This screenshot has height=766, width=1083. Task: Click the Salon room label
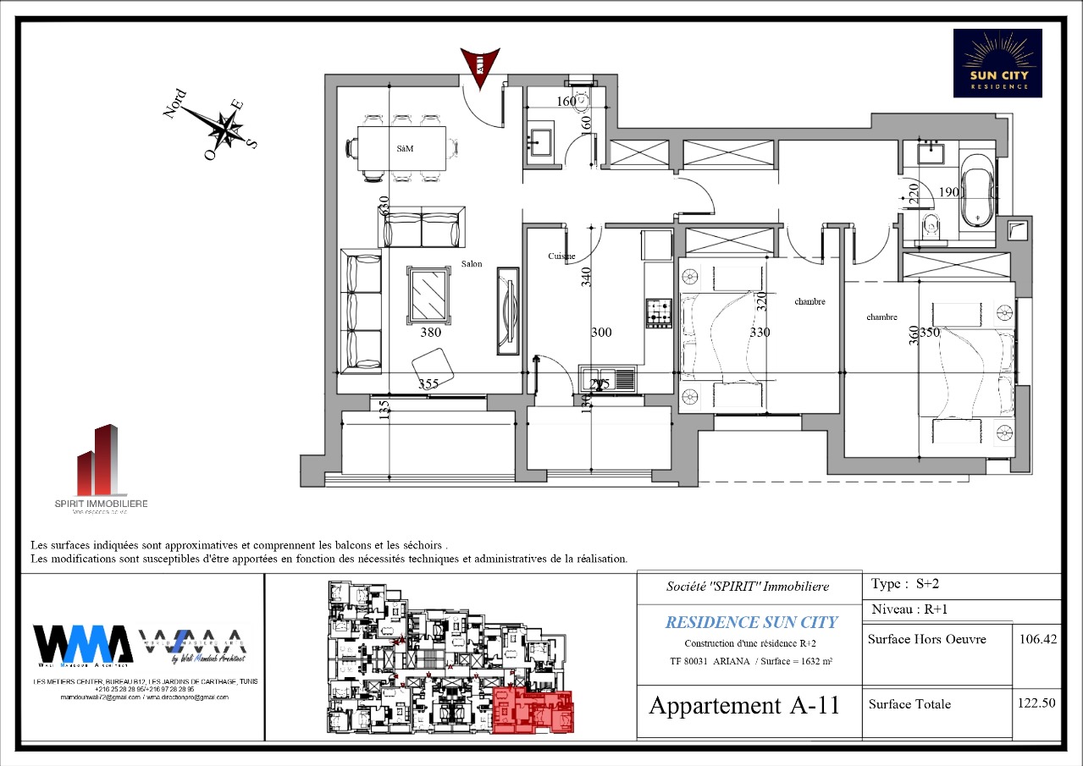(x=472, y=264)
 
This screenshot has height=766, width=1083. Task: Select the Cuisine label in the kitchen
(x=561, y=256)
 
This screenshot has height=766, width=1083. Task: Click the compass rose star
(x=225, y=130)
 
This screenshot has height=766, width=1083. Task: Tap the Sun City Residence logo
(x=997, y=63)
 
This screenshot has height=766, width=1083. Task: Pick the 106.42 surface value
(x=1036, y=639)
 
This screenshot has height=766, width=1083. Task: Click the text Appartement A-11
(x=743, y=705)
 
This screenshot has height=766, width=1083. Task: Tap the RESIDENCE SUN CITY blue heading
(x=750, y=622)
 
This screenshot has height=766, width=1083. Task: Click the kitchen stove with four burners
(x=658, y=312)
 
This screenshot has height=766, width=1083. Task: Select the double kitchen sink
(x=607, y=378)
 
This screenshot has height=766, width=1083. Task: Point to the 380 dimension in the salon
(x=430, y=333)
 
